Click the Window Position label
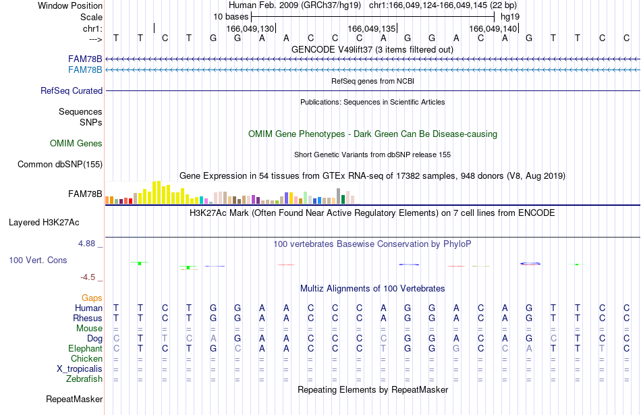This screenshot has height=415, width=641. (x=70, y=5)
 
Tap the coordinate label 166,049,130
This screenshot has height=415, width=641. (x=250, y=28)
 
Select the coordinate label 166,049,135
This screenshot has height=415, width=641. (x=372, y=28)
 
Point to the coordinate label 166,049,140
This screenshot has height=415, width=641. (x=493, y=28)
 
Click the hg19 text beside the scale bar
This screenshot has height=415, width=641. (x=510, y=17)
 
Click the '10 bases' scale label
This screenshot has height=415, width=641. (x=231, y=17)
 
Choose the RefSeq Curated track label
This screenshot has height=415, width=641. (x=72, y=91)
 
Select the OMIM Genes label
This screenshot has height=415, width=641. (x=76, y=144)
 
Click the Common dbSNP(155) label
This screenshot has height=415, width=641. (x=60, y=165)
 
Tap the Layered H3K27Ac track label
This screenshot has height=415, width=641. (x=44, y=223)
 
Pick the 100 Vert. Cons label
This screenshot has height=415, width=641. (x=38, y=260)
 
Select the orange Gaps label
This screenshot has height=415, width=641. (x=92, y=298)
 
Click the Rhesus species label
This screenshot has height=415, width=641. (x=88, y=318)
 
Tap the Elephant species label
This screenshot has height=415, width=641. (x=86, y=348)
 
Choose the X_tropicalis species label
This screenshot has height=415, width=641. (x=80, y=369)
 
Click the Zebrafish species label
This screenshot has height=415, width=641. (x=84, y=379)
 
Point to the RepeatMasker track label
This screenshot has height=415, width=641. (x=74, y=399)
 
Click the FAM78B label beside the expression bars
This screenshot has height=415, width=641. (x=85, y=194)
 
